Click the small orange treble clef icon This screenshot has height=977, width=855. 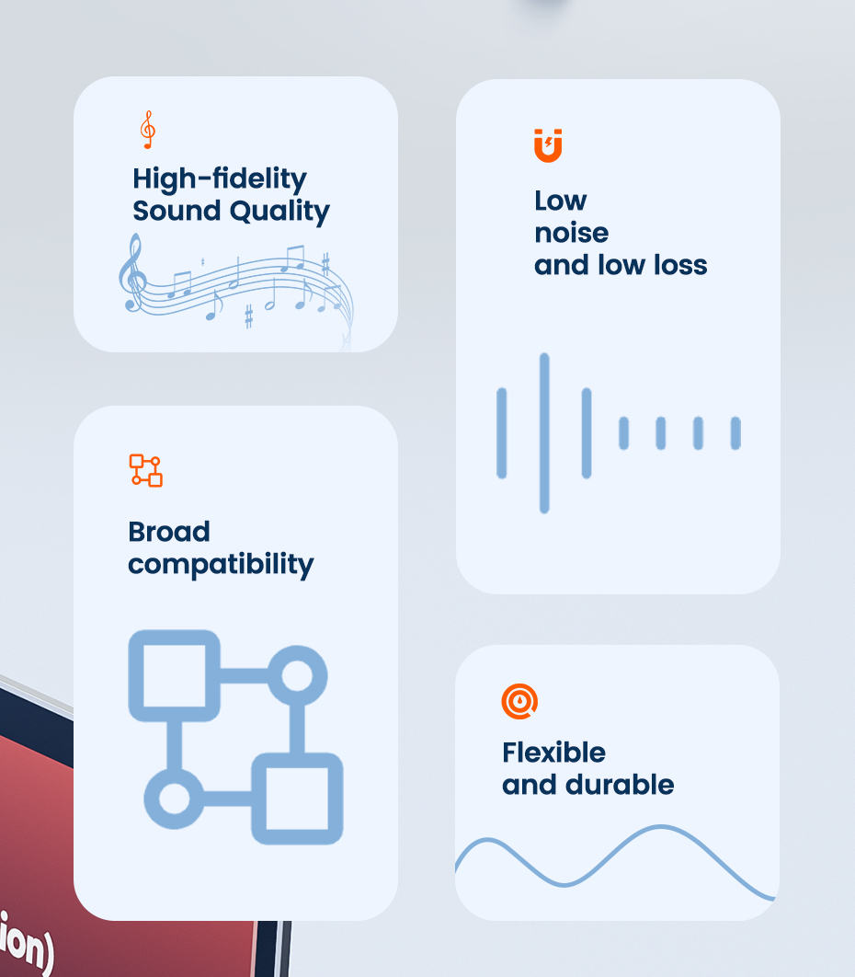click(148, 130)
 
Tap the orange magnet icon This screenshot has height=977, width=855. click(548, 145)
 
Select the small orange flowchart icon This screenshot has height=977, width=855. click(145, 470)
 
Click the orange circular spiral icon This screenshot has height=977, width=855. click(519, 702)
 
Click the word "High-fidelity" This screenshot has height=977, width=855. click(220, 178)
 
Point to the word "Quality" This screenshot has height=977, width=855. click(279, 212)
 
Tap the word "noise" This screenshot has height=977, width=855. click(572, 233)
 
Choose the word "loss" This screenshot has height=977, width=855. click(680, 265)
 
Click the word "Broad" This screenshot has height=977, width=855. click(169, 532)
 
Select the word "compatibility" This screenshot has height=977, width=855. click(221, 565)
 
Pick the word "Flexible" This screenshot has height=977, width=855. click(554, 753)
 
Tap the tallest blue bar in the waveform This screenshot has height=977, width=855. click(544, 433)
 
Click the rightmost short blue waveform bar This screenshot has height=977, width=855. click(735, 433)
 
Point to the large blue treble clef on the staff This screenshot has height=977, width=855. click(132, 273)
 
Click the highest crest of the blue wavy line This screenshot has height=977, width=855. click(660, 827)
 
